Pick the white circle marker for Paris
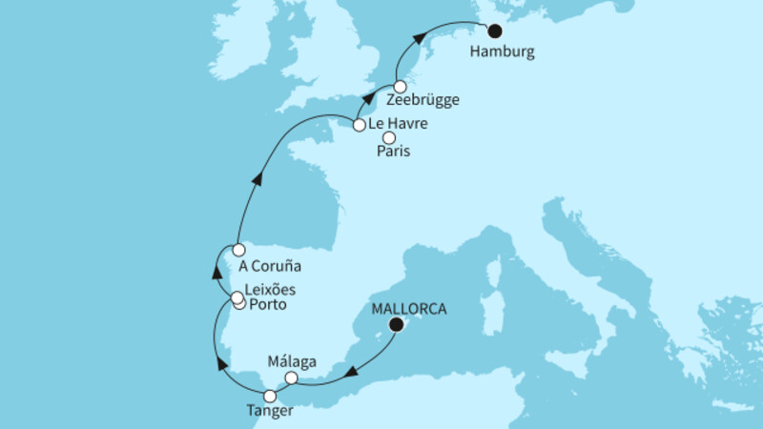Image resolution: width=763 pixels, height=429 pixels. [x=389, y=138]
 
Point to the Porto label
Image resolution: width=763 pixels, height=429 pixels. [x=268, y=304]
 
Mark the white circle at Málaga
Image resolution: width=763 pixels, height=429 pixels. [x=292, y=378]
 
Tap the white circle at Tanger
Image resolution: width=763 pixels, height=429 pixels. [x=270, y=396]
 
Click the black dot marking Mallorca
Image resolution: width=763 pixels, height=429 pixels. [x=395, y=324]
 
